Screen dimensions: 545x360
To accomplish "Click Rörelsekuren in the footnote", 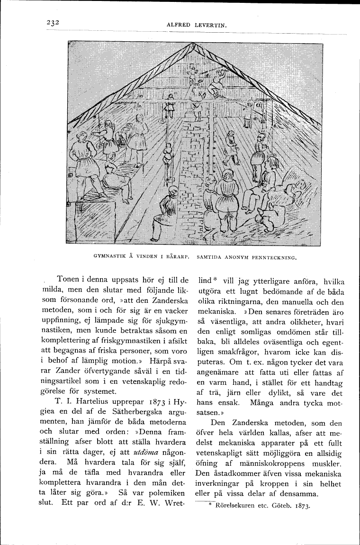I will [x=235, y=505].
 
